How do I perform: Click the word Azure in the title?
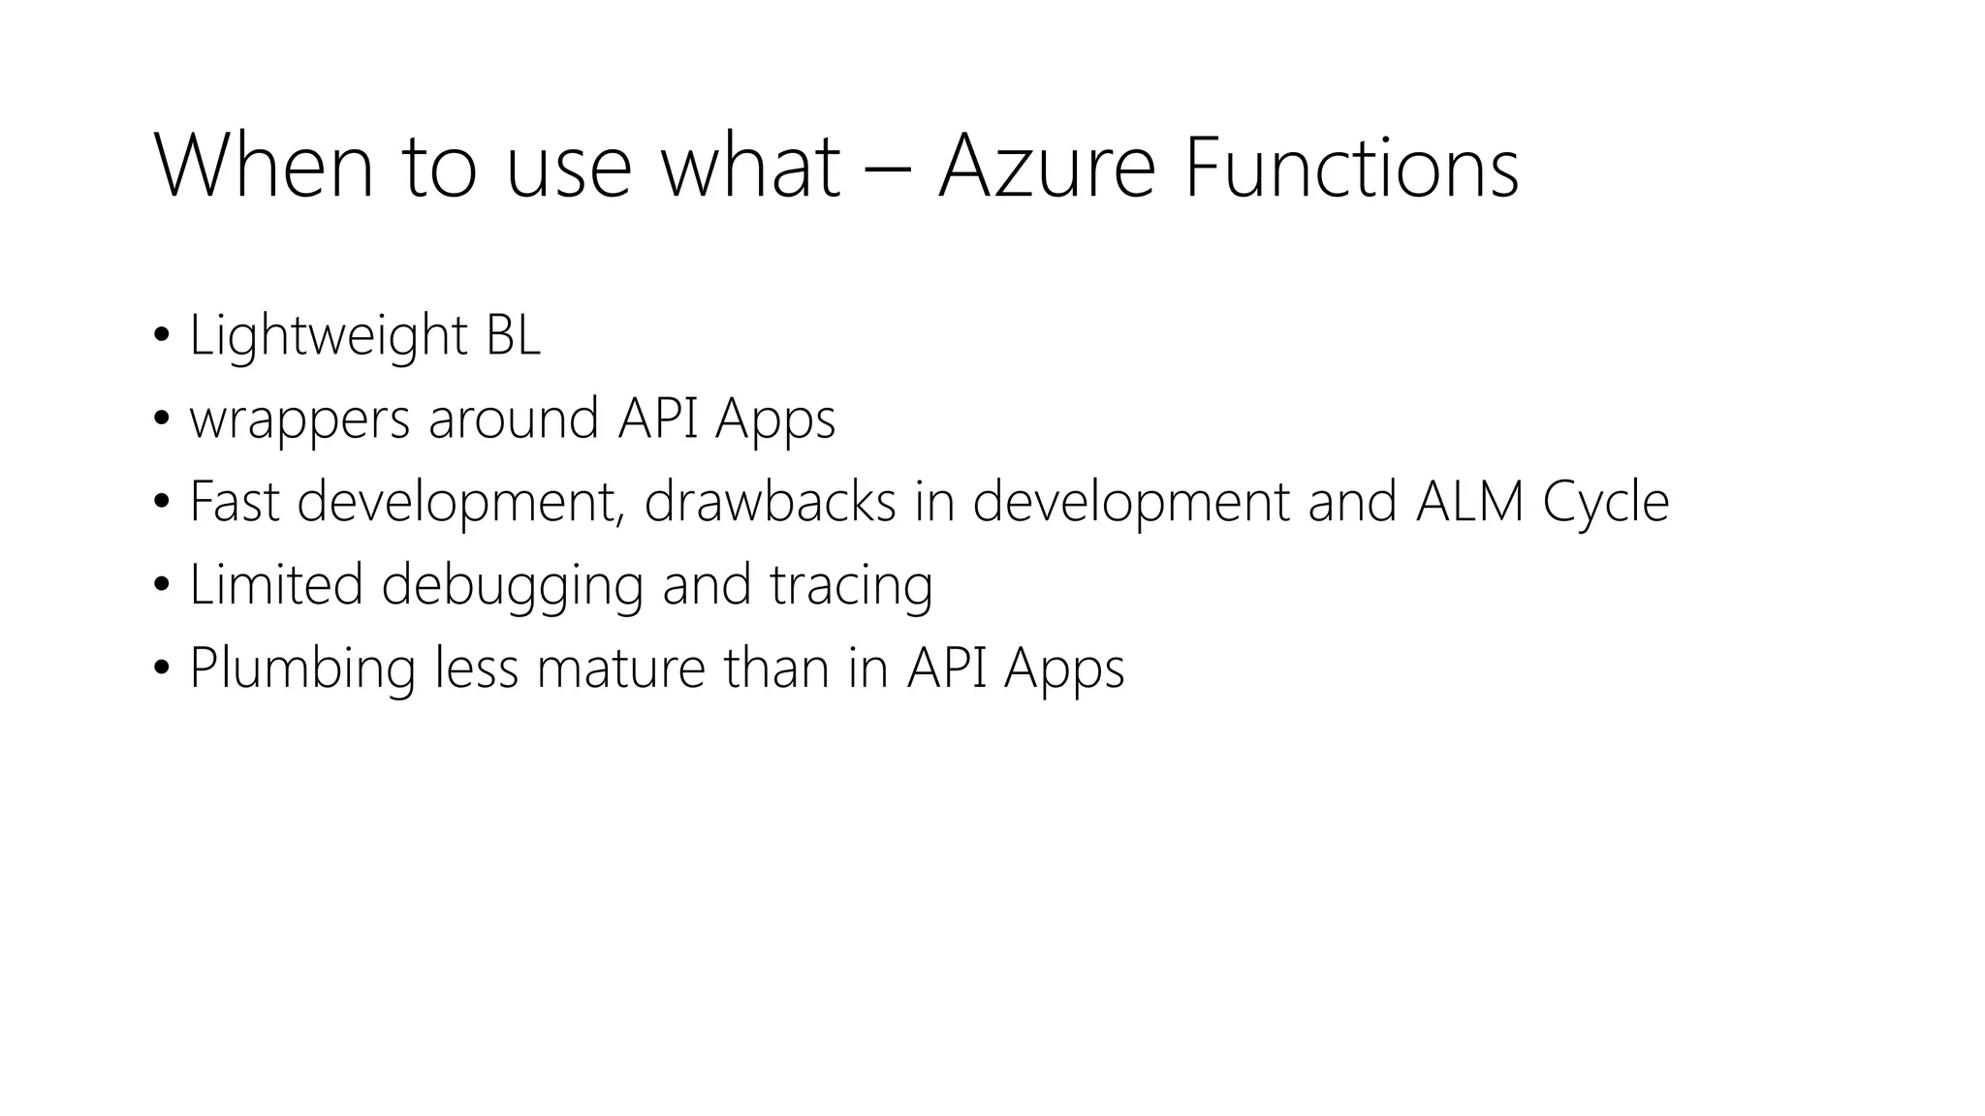(1047, 167)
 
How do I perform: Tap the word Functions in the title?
(1351, 167)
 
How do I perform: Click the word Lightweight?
(329, 337)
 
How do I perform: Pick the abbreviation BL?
(513, 335)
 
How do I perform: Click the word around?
(514, 418)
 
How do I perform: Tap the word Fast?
(235, 502)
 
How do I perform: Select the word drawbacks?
(770, 502)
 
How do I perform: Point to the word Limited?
(276, 585)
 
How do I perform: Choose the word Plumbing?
(302, 670)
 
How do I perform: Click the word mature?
(620, 668)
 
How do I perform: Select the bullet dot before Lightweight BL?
(161, 337)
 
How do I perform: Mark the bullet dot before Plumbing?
(161, 669)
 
